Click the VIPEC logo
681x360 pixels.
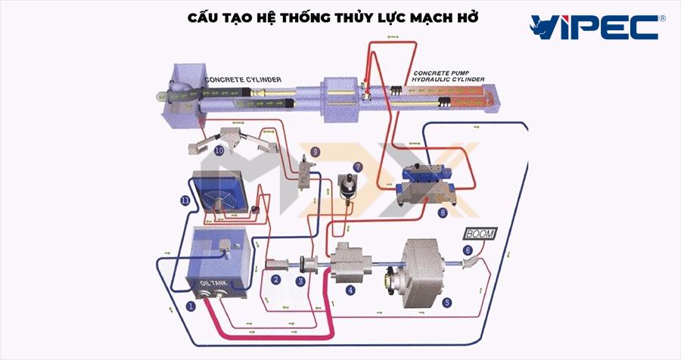(x=597, y=27)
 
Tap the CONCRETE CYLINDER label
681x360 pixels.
(x=244, y=79)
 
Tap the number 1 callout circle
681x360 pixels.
(x=191, y=306)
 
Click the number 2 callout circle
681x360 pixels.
(x=277, y=281)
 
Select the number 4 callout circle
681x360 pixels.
(x=350, y=290)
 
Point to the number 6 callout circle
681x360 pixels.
(x=468, y=250)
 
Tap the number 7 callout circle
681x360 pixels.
(x=358, y=166)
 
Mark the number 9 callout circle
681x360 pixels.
(x=316, y=152)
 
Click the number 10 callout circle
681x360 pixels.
(x=219, y=150)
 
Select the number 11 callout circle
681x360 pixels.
(x=184, y=200)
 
